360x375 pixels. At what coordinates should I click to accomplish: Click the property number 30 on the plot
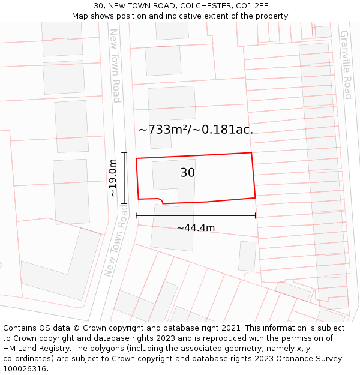187,173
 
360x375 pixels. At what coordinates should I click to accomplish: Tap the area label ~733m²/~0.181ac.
196,129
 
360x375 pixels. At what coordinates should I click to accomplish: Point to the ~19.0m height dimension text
113,178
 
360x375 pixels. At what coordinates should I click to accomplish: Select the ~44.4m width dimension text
196,227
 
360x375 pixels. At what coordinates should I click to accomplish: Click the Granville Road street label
346,65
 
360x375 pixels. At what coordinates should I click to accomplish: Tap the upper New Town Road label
115,65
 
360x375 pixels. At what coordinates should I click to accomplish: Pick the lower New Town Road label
116,240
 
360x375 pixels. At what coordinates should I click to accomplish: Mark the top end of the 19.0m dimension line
124,153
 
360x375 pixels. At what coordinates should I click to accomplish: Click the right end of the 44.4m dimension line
255,215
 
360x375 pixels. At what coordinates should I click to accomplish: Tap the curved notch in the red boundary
160,200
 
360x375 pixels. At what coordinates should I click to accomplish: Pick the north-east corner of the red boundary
251,153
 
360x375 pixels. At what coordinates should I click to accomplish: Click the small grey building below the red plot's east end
247,256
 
